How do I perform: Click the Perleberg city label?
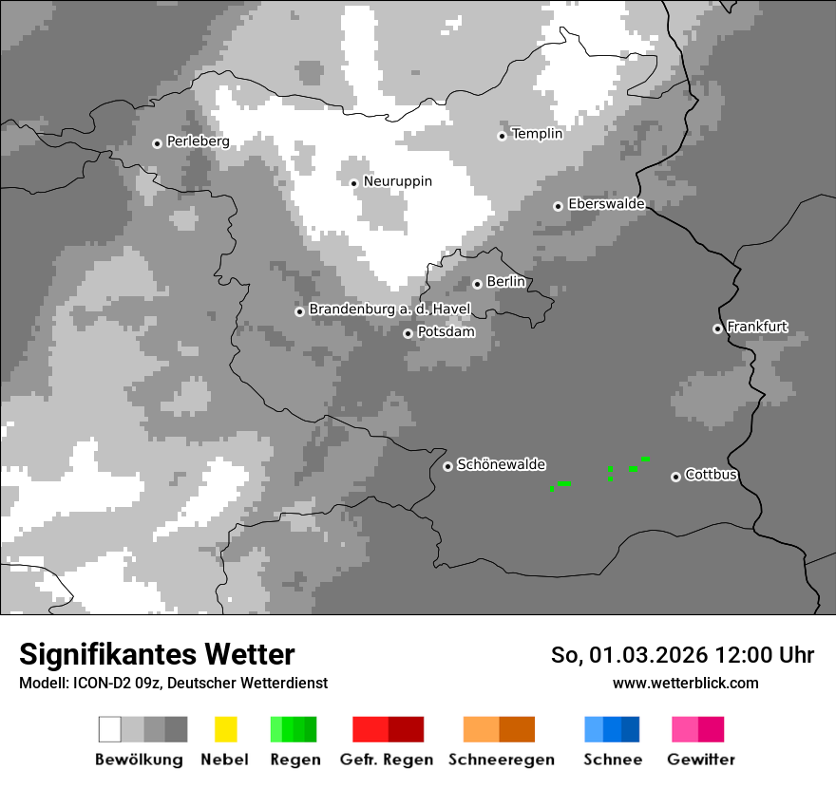(198, 141)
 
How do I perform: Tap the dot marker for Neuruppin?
(353, 183)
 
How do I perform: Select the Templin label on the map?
(537, 134)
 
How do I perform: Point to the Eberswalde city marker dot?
(559, 206)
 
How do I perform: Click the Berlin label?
(505, 282)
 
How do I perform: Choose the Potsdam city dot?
(408, 333)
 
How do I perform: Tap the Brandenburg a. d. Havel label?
(389, 310)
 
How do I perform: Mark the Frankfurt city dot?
(717, 328)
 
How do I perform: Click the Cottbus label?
(711, 475)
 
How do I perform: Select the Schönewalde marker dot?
(447, 466)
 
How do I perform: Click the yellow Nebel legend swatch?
(225, 729)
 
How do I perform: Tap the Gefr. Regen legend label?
(387, 760)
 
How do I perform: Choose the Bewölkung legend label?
(139, 760)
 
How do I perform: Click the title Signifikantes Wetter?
(157, 654)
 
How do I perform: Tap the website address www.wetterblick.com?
(685, 683)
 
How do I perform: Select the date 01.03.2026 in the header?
(639, 655)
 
